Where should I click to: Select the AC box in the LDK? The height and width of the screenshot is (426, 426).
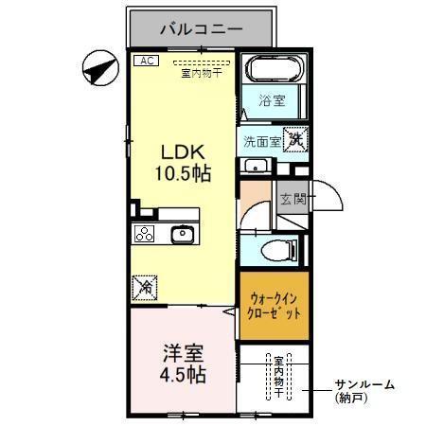click(146, 61)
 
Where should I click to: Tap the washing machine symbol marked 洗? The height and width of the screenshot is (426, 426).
click(296, 138)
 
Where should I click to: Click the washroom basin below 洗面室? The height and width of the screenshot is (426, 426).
click(254, 167)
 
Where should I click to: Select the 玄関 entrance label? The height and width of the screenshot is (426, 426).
click(293, 199)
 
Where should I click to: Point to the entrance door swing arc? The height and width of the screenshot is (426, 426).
click(329, 196)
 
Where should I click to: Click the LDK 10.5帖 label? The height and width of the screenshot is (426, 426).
click(184, 163)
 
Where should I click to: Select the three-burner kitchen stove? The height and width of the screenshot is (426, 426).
click(144, 235)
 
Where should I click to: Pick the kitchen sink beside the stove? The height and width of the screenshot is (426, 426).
click(181, 234)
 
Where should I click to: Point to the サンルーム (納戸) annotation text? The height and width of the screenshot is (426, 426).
click(364, 391)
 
